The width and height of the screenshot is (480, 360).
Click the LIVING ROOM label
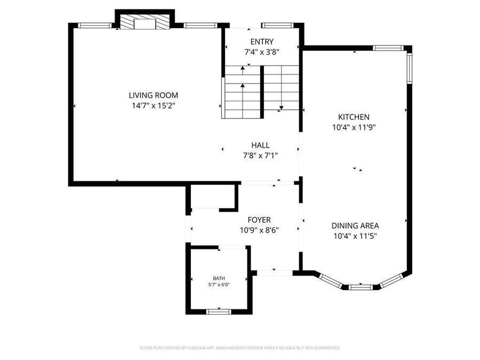(153, 95)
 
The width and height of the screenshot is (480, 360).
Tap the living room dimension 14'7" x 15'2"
(153, 106)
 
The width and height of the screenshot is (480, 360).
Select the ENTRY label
(262, 42)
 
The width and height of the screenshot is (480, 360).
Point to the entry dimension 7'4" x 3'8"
(262, 52)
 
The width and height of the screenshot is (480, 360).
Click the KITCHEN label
(354, 117)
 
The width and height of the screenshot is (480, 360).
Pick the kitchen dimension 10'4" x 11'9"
(354, 127)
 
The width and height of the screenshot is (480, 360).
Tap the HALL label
(260, 145)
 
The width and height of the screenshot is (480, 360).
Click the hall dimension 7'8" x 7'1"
(260, 155)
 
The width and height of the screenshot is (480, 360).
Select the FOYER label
(259, 220)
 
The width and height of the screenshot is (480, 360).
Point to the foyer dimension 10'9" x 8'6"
(259, 230)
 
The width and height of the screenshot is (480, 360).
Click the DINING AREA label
(355, 226)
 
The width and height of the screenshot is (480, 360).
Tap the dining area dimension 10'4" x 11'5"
(355, 236)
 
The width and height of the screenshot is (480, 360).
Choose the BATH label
(219, 278)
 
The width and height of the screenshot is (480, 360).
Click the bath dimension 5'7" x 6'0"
(219, 285)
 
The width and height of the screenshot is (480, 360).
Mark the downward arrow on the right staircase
(281, 108)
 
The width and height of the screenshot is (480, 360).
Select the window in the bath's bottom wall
(218, 311)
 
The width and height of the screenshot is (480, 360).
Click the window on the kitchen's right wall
(410, 68)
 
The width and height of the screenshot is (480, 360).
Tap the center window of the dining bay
(360, 287)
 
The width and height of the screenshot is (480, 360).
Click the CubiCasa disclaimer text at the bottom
(239, 348)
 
